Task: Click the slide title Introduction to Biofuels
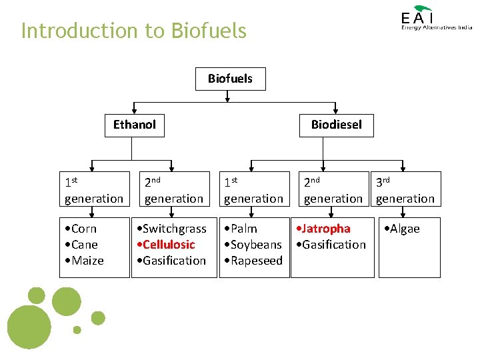[x=133, y=31]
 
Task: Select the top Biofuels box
[x=230, y=79]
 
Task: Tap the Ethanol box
[x=134, y=125]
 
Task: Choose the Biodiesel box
[x=336, y=125]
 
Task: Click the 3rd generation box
[x=405, y=189]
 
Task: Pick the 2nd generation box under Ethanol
[x=174, y=189]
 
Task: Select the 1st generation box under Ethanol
[x=94, y=189]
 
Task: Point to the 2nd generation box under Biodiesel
[x=333, y=189]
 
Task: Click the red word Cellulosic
[x=169, y=245]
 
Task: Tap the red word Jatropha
[x=326, y=229]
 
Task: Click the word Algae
[x=405, y=229]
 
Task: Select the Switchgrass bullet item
[x=174, y=229]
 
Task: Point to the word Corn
[x=84, y=229]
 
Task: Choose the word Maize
[x=87, y=261]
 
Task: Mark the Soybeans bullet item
[x=256, y=245]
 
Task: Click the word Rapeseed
[x=257, y=261]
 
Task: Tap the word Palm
[x=244, y=229]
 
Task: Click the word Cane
[x=85, y=245]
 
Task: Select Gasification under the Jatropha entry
[x=334, y=245]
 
